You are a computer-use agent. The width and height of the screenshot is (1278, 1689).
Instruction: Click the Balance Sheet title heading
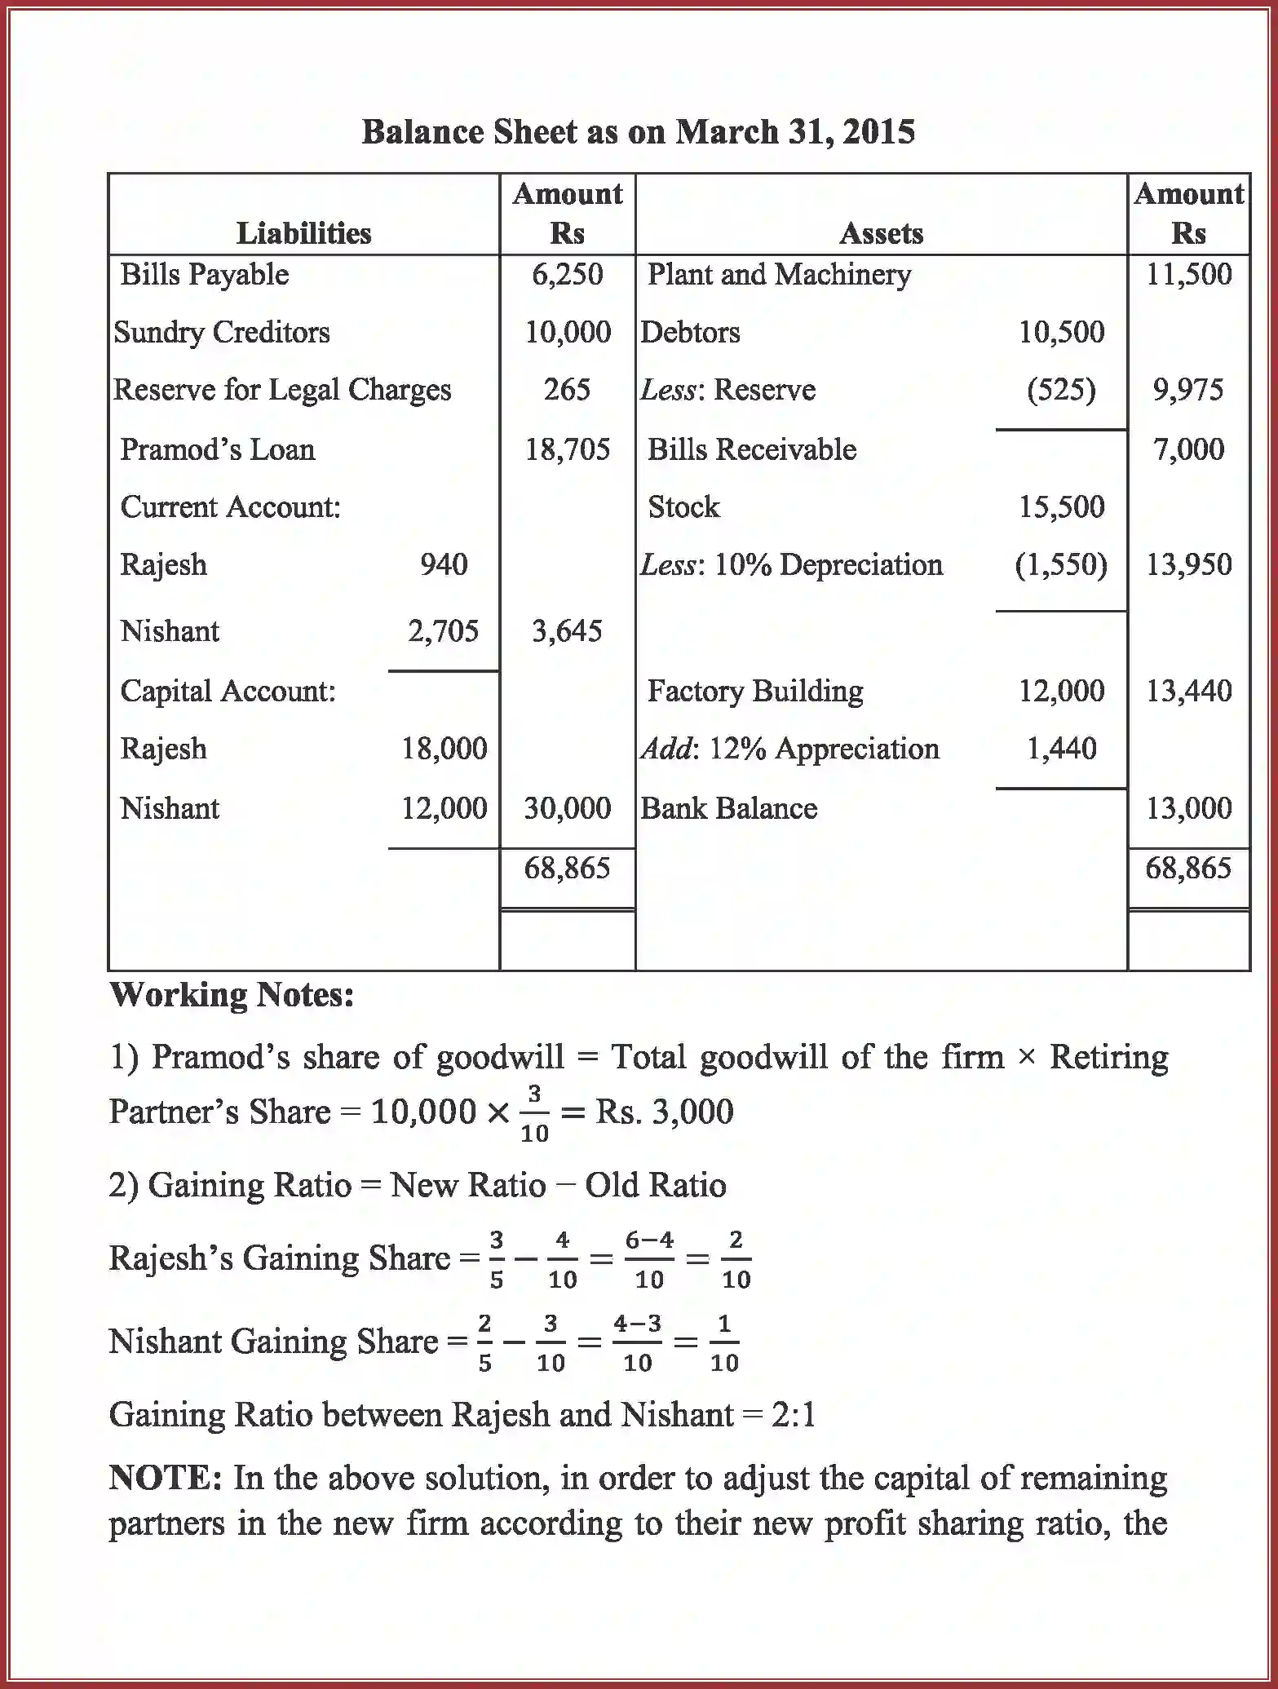tap(638, 132)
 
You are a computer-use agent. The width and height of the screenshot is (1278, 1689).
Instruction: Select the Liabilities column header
tap(303, 234)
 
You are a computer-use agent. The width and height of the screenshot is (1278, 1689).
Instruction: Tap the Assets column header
tap(881, 234)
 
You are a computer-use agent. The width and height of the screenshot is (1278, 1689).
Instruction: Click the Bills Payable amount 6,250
tap(567, 275)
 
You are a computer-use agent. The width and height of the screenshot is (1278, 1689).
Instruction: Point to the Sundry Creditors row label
tap(222, 333)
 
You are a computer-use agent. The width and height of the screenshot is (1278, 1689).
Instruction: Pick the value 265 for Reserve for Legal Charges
tap(567, 390)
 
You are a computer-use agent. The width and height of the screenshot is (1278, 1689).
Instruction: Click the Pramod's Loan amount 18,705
tap(567, 449)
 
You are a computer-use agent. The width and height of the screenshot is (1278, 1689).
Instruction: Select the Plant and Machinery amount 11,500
tap(1188, 275)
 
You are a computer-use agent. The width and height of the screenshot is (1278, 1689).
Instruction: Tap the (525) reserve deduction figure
tap(1061, 390)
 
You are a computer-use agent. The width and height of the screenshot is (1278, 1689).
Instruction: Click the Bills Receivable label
tap(751, 449)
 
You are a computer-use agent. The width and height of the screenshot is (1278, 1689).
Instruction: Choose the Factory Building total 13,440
tap(1188, 692)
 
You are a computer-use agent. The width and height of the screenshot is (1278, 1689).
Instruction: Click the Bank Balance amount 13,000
tap(1188, 808)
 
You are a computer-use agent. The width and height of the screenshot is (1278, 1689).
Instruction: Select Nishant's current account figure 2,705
tap(443, 631)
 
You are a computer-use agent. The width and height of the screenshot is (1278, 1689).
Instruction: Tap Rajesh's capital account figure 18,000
tap(444, 749)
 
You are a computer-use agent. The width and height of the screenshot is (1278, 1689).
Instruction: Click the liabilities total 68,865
tap(567, 869)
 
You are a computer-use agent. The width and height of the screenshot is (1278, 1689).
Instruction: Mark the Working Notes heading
tap(232, 995)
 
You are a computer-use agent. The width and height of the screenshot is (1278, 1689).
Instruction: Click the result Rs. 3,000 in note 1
tap(664, 1112)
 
